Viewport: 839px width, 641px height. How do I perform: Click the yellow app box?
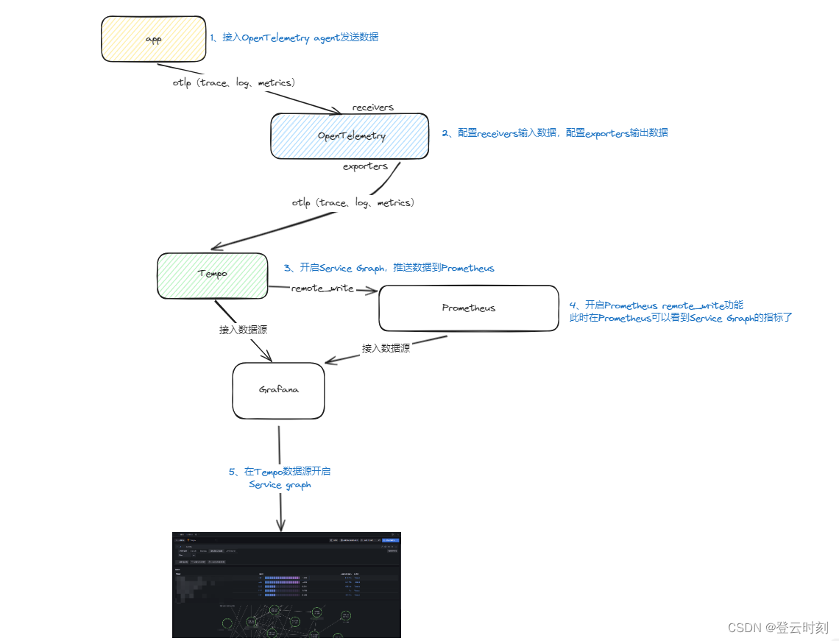point(153,39)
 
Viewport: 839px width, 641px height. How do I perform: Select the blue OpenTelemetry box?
point(350,136)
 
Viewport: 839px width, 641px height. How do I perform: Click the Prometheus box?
point(469,308)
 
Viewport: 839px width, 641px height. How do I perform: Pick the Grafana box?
point(278,390)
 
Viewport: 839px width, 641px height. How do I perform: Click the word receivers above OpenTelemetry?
point(372,107)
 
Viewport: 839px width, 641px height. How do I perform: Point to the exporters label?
point(365,166)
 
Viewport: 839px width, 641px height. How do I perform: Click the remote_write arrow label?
point(322,288)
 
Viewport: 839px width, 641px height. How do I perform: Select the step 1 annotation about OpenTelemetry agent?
point(294,37)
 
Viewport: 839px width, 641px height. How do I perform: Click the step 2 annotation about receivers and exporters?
point(555,133)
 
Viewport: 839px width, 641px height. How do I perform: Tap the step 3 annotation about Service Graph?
point(389,268)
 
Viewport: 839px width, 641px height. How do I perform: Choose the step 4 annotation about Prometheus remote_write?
point(680,311)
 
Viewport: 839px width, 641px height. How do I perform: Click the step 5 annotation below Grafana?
point(284,478)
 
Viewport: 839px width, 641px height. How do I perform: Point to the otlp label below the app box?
point(233,82)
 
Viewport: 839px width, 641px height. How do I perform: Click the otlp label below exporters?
point(353,202)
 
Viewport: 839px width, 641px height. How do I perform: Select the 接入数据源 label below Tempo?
point(243,330)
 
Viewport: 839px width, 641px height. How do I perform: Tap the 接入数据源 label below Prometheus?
point(386,348)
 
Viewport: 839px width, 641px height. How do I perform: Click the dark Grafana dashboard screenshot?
point(286,584)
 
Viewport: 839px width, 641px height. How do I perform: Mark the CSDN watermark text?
point(778,628)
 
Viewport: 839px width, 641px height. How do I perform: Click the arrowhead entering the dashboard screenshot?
point(280,526)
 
